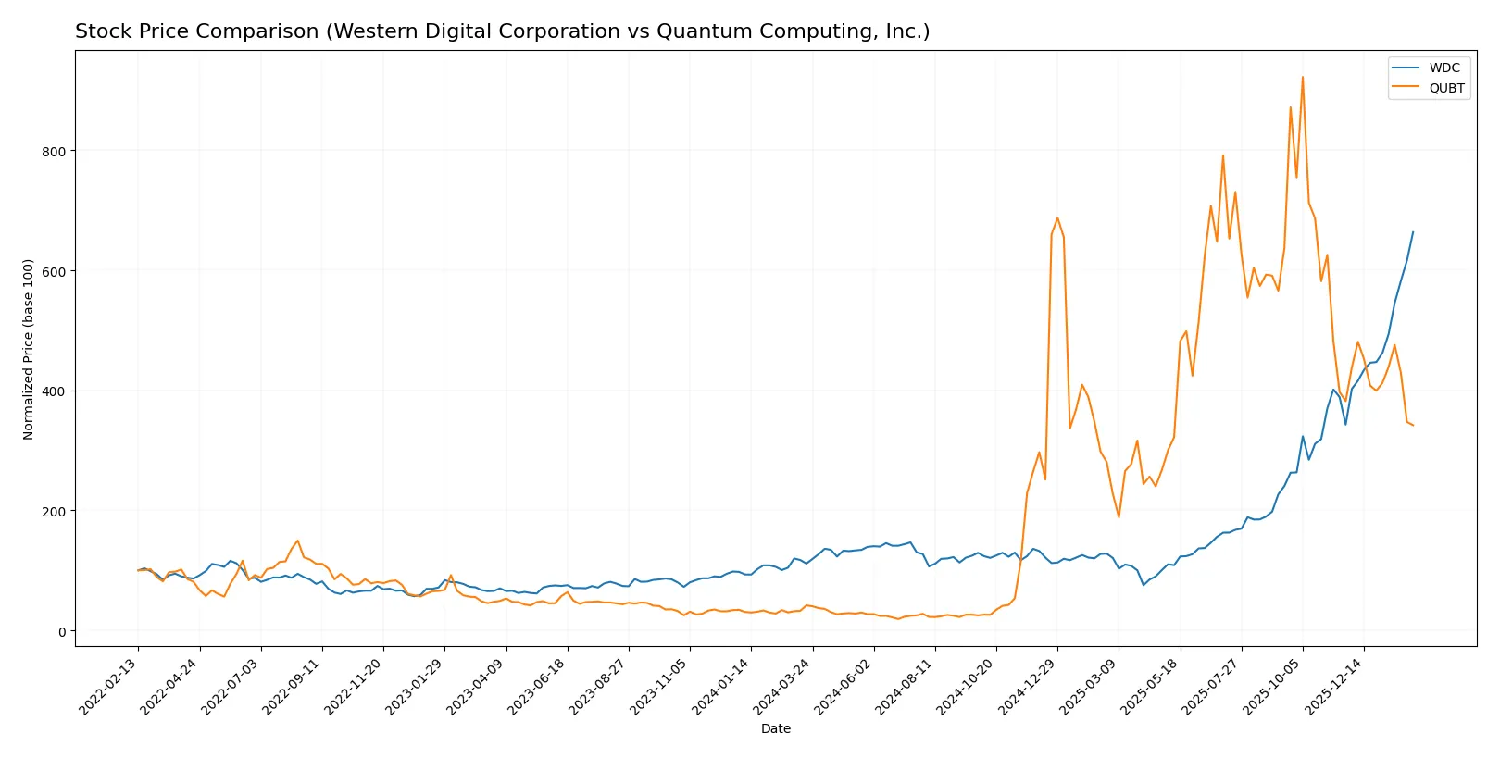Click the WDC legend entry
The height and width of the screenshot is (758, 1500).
[1444, 68]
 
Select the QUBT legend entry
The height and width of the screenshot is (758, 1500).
[1446, 88]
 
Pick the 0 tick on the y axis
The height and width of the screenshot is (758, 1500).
[62, 632]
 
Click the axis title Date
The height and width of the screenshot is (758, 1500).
[775, 728]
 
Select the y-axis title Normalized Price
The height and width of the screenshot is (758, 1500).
[29, 349]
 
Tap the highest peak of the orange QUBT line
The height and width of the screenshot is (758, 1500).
[1303, 77]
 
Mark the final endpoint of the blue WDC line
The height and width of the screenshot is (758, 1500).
[1413, 232]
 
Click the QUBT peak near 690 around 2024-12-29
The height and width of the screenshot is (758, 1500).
[1057, 218]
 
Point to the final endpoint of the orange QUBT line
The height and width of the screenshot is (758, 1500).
[1413, 425]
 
